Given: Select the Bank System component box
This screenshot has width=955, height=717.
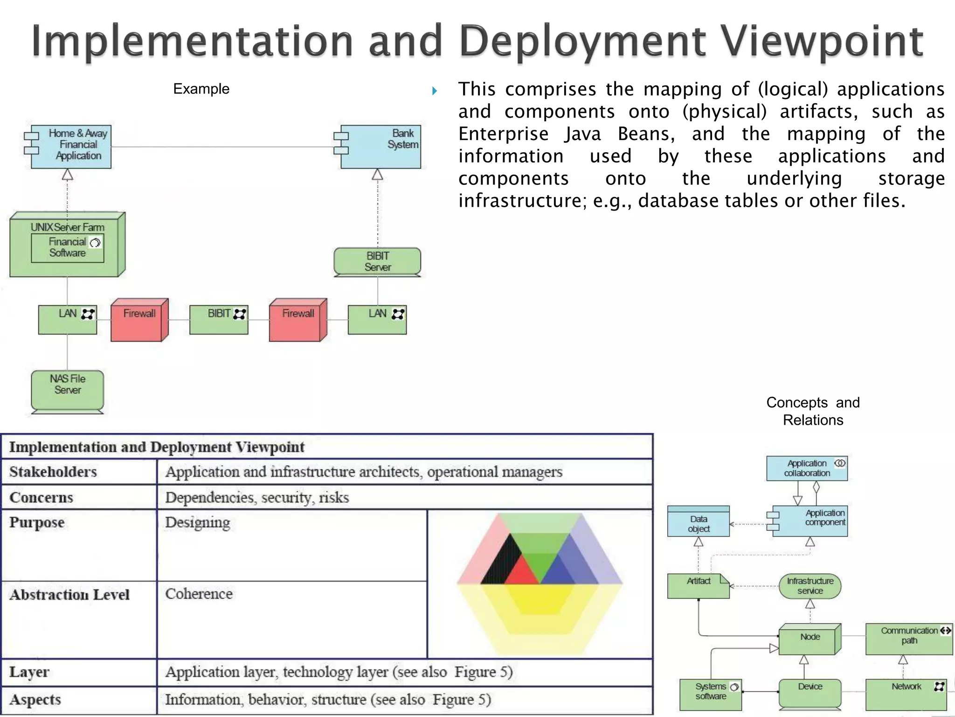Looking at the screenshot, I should point(381,146).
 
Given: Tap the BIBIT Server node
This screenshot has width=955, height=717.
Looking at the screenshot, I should point(377,261).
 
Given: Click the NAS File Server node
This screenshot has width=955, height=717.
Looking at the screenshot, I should point(68,389).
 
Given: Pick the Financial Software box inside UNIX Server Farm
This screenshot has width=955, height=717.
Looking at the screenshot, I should point(68,248).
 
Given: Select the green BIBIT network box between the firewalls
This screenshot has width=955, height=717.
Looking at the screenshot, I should point(219,320).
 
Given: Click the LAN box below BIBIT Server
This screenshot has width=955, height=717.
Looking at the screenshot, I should point(377,320).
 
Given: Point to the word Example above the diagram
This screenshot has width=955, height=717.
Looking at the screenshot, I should point(201,89).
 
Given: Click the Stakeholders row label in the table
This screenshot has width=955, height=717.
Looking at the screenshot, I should point(53,471).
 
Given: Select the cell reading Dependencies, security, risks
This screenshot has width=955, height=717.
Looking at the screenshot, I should point(257,497).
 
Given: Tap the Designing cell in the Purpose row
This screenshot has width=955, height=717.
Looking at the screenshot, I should point(198,522).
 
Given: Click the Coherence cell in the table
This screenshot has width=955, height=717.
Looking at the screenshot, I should point(199,594).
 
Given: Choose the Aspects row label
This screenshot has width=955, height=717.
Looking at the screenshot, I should point(35,699).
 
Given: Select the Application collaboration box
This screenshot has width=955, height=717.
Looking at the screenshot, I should point(807,468).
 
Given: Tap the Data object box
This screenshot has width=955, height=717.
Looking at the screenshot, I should point(698,523).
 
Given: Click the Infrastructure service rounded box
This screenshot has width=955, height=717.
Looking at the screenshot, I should point(810,586).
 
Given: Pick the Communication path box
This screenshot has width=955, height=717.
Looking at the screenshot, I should point(909,639).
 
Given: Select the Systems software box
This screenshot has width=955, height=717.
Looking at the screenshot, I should point(711,694).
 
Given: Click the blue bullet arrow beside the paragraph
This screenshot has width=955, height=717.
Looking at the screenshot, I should point(435,91).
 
